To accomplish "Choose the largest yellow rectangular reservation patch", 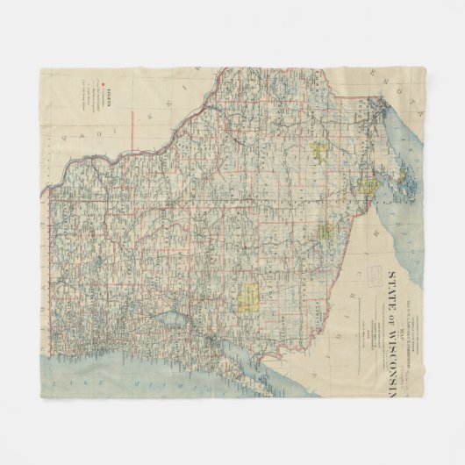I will (x=249, y=297).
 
